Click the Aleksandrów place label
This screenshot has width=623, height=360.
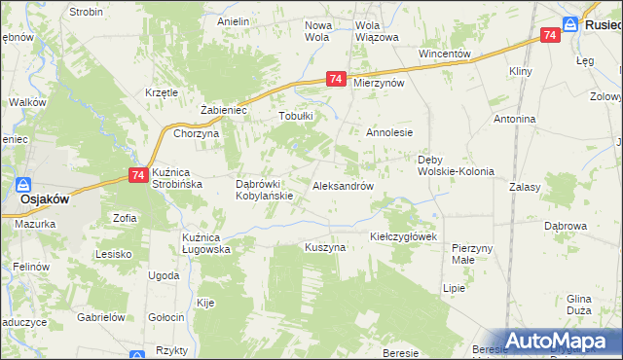click(x=343, y=186)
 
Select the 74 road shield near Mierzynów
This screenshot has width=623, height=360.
click(x=336, y=80)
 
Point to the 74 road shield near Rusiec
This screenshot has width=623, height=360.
click(x=550, y=35)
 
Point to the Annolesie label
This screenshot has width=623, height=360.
click(x=389, y=132)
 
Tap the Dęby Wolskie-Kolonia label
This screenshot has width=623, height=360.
click(x=456, y=164)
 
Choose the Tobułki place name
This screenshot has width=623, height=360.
click(x=296, y=116)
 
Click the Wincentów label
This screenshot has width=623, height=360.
click(x=444, y=54)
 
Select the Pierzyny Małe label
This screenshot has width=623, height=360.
click(x=472, y=254)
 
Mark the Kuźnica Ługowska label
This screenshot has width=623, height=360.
click(x=205, y=243)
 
